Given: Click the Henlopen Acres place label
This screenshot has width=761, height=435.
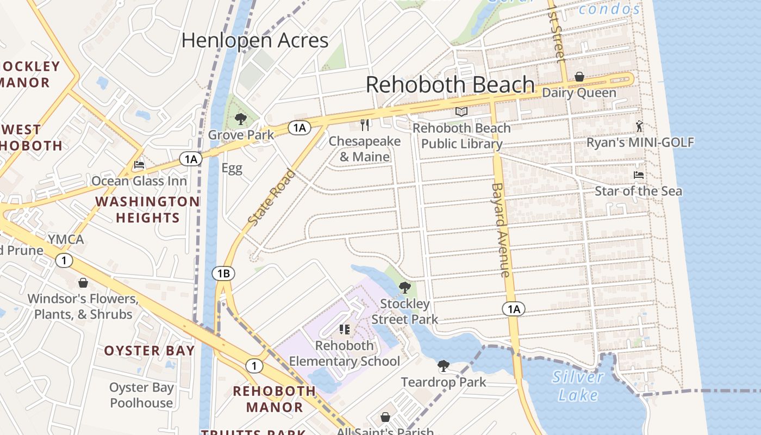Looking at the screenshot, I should click(255, 40).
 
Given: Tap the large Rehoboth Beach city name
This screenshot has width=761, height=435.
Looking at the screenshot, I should click(450, 84).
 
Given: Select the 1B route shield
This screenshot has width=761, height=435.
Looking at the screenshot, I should click(223, 274).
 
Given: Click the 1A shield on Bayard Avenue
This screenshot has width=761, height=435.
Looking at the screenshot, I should click(513, 309).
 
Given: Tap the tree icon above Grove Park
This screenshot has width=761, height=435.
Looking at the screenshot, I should click(240, 119).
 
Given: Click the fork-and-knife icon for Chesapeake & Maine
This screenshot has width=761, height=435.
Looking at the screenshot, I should click(365, 125).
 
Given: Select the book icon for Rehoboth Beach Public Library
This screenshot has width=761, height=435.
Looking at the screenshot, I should click(461, 112).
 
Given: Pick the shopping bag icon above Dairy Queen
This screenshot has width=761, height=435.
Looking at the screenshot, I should click(579, 77).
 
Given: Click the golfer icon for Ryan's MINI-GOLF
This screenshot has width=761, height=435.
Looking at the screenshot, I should click(639, 126).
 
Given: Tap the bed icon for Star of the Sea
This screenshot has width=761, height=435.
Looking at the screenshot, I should click(639, 175).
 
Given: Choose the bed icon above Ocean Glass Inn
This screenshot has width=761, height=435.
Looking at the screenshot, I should click(139, 165).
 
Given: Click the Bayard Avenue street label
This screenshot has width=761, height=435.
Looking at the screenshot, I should click(501, 229).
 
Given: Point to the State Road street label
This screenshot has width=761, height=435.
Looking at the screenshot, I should click(272, 198).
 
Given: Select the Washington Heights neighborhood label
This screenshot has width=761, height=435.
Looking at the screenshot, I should click(147, 210).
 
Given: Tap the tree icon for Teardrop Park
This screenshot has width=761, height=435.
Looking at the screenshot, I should click(444, 366).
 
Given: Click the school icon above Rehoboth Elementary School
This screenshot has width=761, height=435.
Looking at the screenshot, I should click(344, 330).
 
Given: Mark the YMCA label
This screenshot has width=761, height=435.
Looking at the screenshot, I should click(66, 240).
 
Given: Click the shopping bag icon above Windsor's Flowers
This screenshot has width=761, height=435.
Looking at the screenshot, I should click(83, 283).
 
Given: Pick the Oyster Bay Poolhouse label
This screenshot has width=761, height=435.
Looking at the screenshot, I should click(141, 395).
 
